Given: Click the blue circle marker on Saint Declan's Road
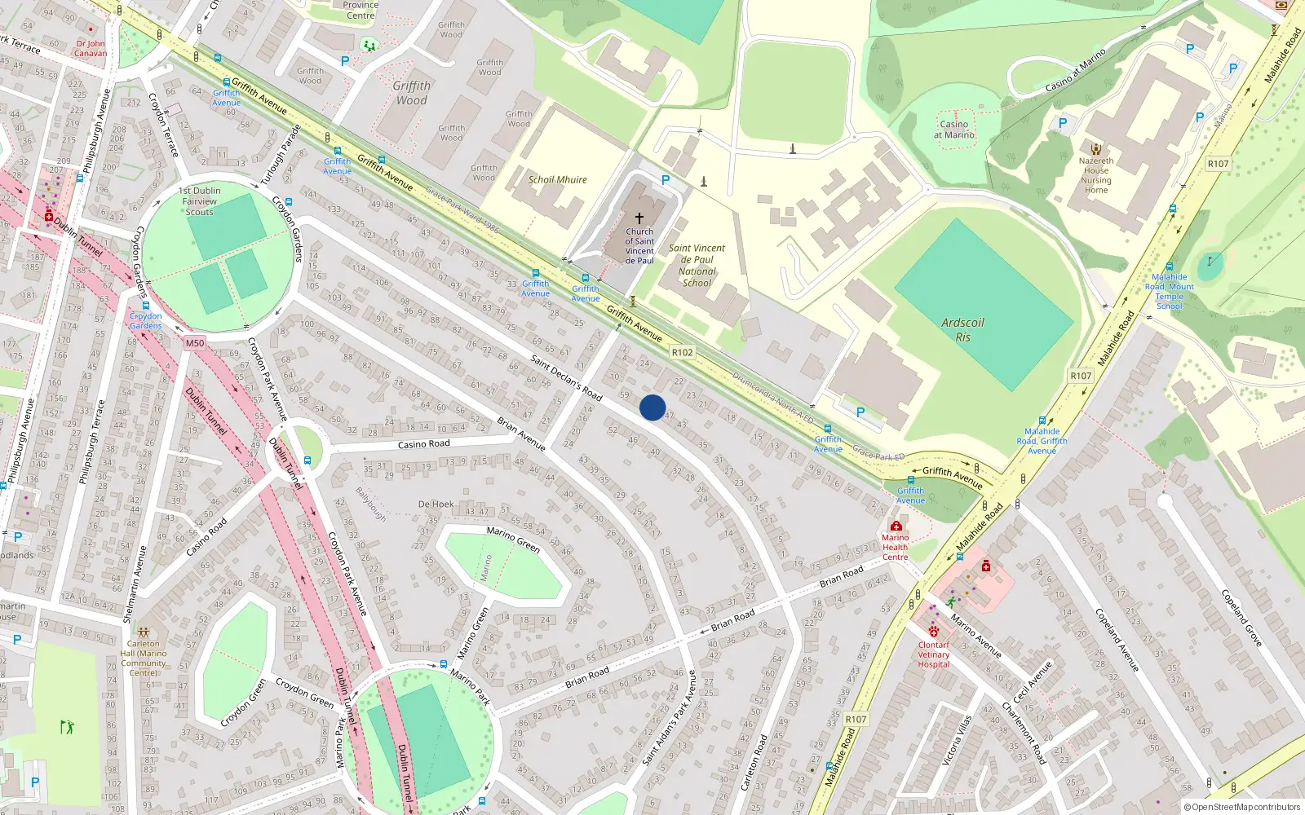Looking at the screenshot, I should point(652,407).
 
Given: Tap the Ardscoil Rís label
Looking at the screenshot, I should point(962,329).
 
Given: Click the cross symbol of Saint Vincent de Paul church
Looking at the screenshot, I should point(639,218).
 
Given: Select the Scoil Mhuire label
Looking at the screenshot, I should point(557,179).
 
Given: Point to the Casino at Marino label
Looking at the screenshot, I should point(954,130).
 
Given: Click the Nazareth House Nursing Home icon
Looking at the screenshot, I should point(1096,149).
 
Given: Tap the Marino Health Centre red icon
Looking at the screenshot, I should point(896,526).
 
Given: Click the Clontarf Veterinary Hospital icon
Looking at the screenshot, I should point(934,632).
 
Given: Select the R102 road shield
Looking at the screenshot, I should point(682,353).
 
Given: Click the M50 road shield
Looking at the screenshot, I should point(194,343).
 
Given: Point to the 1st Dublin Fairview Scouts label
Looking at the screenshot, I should point(199,201).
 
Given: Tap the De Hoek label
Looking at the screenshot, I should point(436,504).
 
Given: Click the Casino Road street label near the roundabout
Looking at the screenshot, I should point(423,444).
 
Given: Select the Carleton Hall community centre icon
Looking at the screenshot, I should point(144,632).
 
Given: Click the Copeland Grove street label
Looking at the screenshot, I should point(1241,618).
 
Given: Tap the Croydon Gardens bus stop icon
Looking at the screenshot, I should point(146,306).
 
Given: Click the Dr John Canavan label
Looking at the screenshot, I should point(91,48).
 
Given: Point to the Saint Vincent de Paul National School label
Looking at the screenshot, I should point(697,265).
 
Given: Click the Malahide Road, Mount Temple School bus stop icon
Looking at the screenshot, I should point(1170,267).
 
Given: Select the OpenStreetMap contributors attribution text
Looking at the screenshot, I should point(1242,807).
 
